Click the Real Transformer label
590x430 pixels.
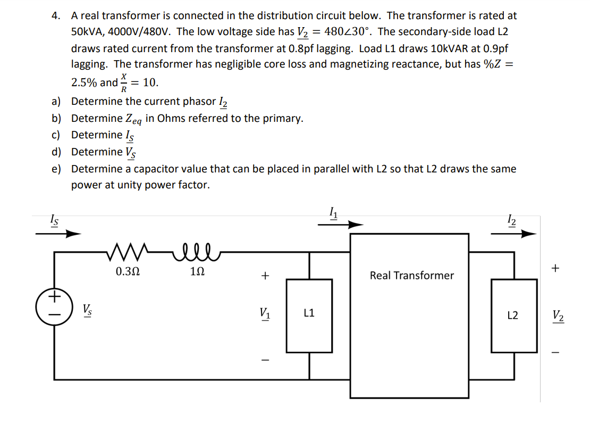pyautogui.click(x=411, y=276)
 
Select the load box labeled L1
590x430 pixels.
pyautogui.click(x=309, y=314)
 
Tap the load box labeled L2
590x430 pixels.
pyautogui.click(x=513, y=316)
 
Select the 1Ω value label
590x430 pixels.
pyautogui.click(x=197, y=271)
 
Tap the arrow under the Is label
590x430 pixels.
pyautogui.click(x=58, y=233)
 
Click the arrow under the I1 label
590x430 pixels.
pyautogui.click(x=341, y=225)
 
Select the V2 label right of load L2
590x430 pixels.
pyautogui.click(x=558, y=316)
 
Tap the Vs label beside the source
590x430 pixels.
pyautogui.click(x=86, y=309)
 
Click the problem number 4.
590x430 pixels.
pyautogui.click(x=56, y=16)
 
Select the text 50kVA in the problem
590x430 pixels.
pyautogui.click(x=87, y=32)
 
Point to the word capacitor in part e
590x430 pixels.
pyautogui.click(x=158, y=169)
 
